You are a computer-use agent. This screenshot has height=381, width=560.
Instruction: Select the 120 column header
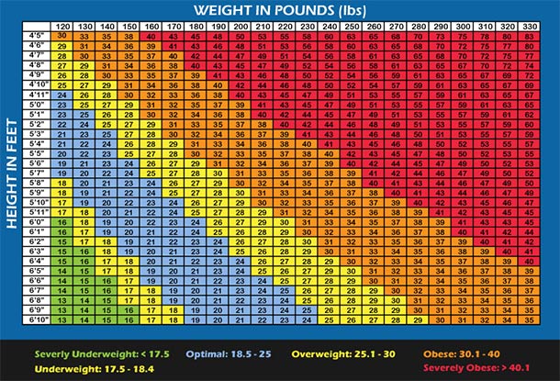(62, 26)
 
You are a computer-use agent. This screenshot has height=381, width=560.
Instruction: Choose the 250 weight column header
(349, 26)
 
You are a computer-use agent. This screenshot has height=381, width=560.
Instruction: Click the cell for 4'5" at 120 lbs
(62, 35)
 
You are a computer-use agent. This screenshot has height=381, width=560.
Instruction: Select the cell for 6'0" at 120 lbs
(62, 221)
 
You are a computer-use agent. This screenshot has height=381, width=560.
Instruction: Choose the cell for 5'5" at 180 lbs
(195, 152)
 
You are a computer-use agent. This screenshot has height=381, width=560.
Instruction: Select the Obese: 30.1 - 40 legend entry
(483, 352)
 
